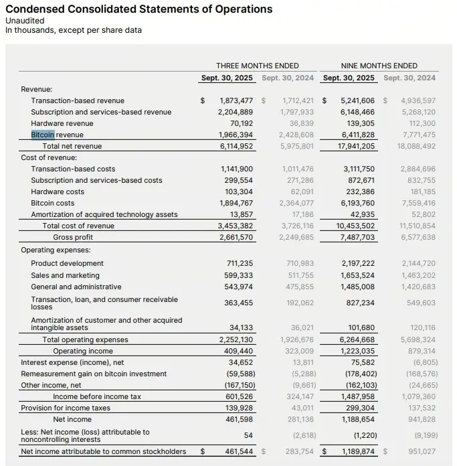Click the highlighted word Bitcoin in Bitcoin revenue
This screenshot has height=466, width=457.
click(x=42, y=135)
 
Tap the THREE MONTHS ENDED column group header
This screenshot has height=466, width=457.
click(x=257, y=66)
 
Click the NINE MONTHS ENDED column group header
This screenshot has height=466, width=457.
click(x=379, y=66)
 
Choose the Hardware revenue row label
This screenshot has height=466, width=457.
click(x=62, y=123)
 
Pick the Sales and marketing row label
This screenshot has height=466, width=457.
click(x=65, y=275)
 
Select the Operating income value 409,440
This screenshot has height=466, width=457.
click(x=237, y=351)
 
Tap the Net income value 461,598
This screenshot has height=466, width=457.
click(x=237, y=419)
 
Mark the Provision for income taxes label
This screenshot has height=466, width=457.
click(x=66, y=408)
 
